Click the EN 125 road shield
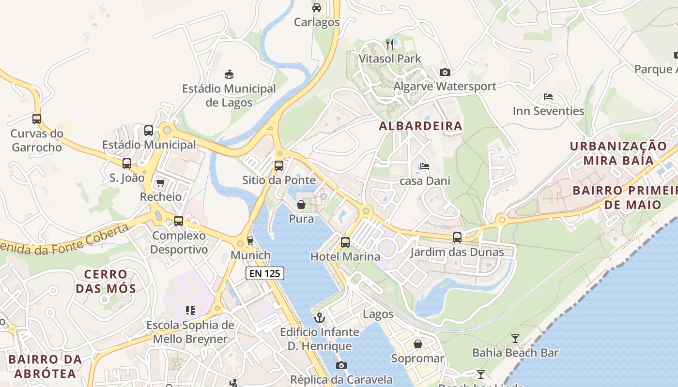point(264,273)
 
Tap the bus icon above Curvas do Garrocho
point(37,119)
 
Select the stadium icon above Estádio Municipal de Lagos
point(229,74)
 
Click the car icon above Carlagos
point(317,7)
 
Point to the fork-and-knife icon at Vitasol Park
point(390,45)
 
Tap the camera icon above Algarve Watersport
point(445,72)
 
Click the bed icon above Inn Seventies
point(548,97)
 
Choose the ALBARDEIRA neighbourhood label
point(420,126)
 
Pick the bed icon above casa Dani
point(425,166)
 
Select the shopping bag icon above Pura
point(301,205)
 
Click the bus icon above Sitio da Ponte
point(279,166)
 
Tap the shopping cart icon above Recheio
point(161,182)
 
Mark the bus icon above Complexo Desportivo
point(179,221)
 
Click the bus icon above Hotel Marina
point(345,242)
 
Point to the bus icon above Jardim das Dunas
point(457,238)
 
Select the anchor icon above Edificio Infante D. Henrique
point(320,318)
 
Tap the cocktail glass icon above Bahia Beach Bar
point(515,338)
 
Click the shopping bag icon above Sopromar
point(418,344)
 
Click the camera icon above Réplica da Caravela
point(341,365)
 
